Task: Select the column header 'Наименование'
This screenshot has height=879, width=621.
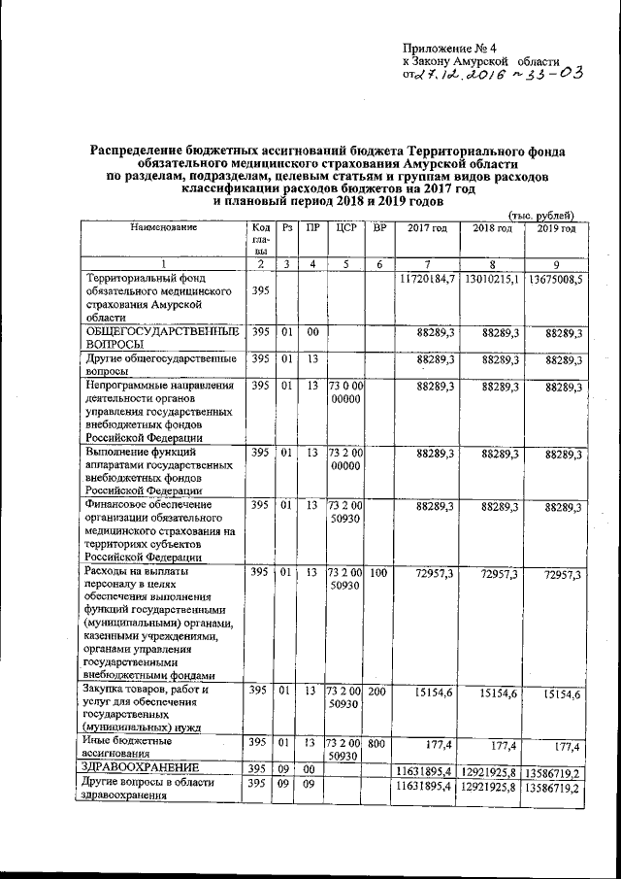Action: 163,227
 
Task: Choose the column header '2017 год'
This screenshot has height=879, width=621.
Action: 427,227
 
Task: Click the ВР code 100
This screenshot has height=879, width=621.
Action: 378,574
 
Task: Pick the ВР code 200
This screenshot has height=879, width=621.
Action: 378,691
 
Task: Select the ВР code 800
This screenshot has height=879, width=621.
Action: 378,743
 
